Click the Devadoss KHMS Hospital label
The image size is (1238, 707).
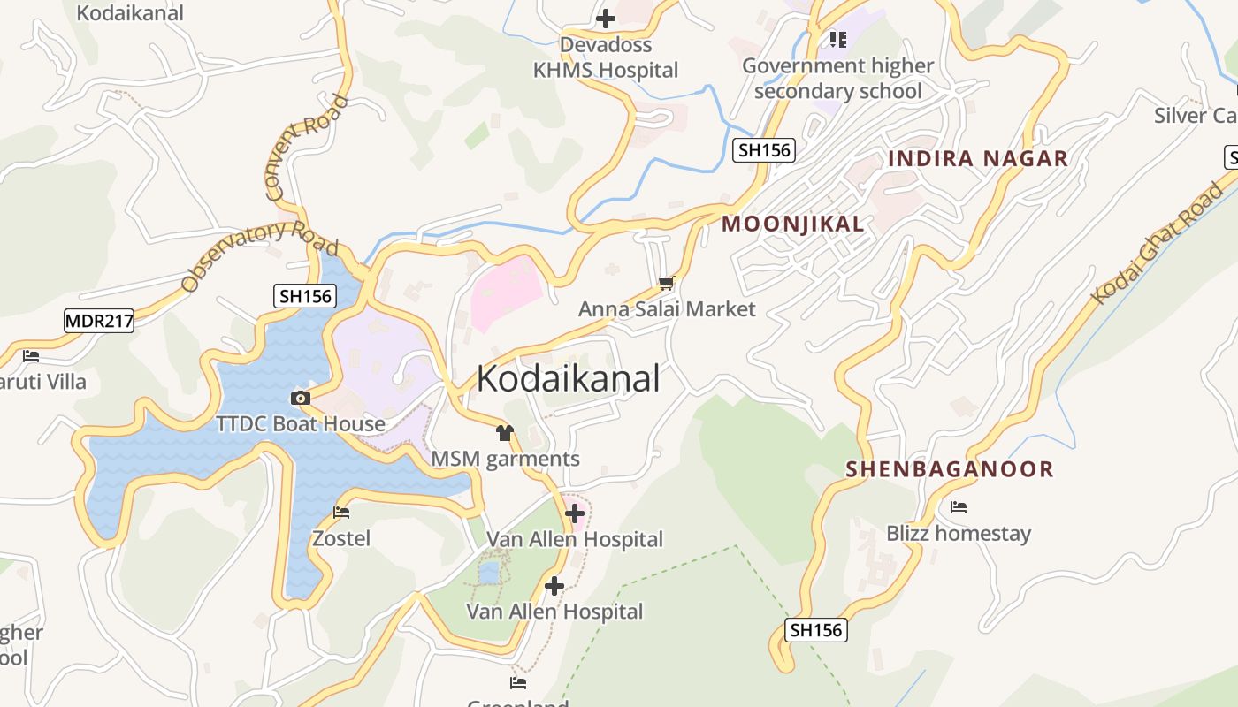coord(606,57)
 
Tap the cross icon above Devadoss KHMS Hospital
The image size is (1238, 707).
coord(606,18)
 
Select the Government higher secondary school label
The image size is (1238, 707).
coord(837,79)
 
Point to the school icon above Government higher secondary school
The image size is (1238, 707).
coord(837,39)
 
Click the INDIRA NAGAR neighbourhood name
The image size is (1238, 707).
coord(978,159)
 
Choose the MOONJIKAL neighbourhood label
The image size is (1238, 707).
coord(793,224)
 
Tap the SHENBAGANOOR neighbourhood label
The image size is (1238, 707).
coord(950,469)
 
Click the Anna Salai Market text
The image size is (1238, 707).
coord(667,309)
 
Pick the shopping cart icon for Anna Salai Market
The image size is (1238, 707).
coord(667,284)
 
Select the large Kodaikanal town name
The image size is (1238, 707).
coord(569,379)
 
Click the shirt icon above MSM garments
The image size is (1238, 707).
coord(505,433)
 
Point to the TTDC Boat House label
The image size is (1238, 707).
coord(301,424)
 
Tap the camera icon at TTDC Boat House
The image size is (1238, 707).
coord(301,399)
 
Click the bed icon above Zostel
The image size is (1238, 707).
coord(341,513)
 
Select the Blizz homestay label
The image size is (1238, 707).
coord(959,534)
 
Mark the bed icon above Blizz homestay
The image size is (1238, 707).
coord(959,507)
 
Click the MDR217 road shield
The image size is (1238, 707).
coord(99,321)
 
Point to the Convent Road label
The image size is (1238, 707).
coord(307,146)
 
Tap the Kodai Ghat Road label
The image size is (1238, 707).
coord(1159,241)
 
